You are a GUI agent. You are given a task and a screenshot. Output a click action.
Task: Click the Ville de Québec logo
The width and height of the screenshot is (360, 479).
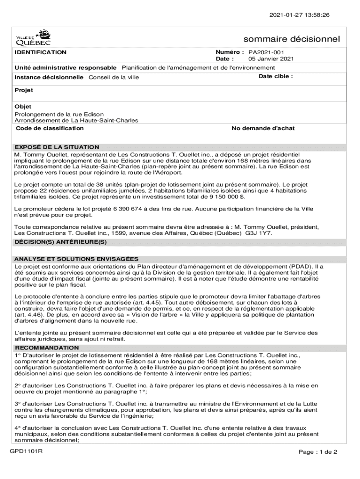point(34,37)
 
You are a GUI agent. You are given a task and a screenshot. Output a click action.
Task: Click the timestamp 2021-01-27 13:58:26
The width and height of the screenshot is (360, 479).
point(299,15)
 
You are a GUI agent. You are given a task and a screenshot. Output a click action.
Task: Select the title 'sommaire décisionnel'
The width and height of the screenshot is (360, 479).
point(292,39)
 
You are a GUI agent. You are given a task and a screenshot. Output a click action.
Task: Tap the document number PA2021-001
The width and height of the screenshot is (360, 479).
point(266,52)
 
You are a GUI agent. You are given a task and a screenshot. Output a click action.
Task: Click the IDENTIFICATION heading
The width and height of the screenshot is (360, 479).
point(40,52)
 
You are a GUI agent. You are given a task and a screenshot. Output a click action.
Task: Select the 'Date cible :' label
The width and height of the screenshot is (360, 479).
point(276,76)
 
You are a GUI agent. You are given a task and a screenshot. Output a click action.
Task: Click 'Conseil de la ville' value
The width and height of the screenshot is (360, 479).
point(114,77)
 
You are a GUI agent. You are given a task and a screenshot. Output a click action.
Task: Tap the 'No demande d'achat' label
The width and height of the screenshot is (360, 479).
point(263,128)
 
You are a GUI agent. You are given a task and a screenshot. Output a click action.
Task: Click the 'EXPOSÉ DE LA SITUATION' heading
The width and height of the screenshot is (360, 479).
point(57,147)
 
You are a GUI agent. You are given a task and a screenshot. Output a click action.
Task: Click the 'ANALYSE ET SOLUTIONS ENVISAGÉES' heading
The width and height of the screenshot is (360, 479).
point(76,259)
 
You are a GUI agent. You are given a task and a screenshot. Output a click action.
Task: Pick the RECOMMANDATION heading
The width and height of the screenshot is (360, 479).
point(47,348)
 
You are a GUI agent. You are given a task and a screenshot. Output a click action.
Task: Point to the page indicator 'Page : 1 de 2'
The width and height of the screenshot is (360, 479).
point(318,452)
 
